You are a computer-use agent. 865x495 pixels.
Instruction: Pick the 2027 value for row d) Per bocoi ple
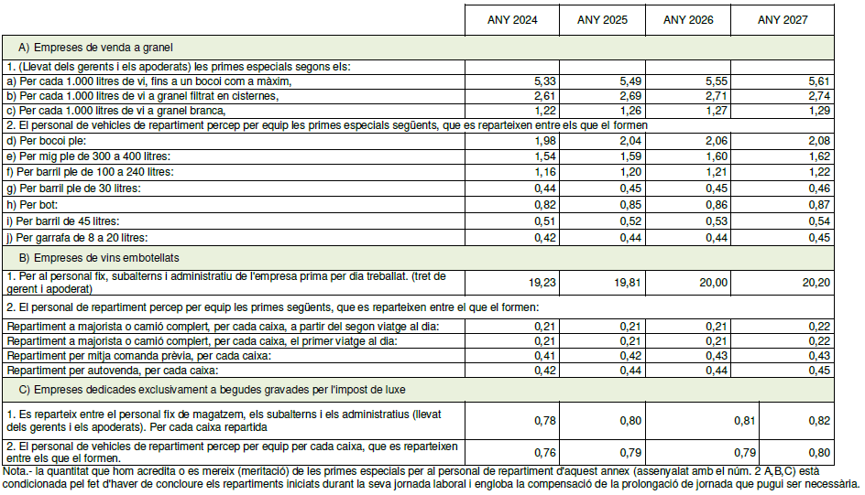tap(817, 140)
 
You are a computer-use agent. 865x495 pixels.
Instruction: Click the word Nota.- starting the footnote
tap(18, 471)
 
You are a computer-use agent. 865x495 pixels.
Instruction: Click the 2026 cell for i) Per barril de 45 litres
tap(717, 222)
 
